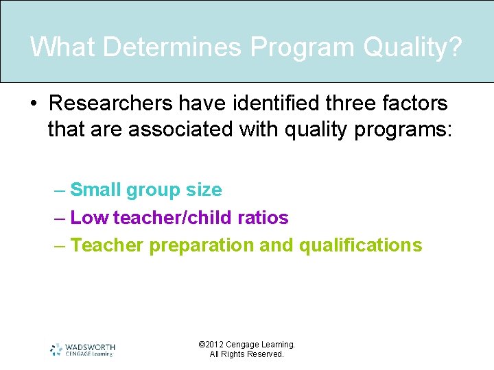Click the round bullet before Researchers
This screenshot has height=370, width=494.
(x=33, y=104)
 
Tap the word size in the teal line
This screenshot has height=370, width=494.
(x=204, y=190)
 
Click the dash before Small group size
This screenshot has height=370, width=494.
(x=60, y=190)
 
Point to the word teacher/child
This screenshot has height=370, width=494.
(x=170, y=218)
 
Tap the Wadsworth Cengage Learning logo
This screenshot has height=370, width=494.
(x=82, y=349)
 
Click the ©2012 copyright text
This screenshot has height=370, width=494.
(x=246, y=345)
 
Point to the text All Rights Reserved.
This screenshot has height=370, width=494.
(x=246, y=354)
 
